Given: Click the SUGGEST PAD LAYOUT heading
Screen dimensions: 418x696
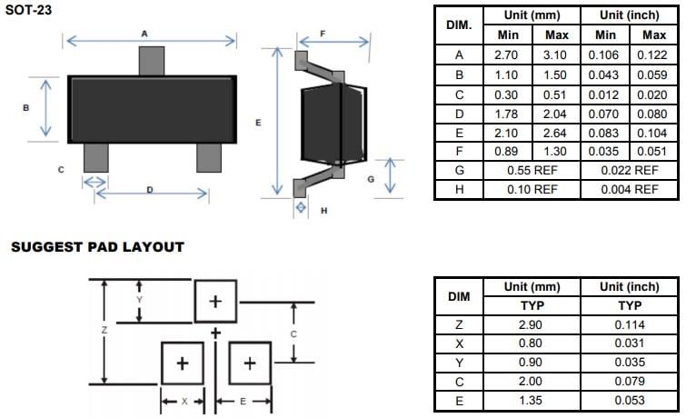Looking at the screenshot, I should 97,247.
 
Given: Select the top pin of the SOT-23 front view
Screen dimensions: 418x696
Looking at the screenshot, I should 151,61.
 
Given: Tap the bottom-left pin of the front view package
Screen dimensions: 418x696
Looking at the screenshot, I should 94,156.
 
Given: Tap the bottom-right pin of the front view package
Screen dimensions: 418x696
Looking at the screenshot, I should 208,156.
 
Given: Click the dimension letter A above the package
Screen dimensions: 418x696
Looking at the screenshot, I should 144,33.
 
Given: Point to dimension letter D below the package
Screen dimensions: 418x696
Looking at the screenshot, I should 149,189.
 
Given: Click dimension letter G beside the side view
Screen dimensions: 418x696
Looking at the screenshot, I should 371,179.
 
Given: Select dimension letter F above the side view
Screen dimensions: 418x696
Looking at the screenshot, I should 324,33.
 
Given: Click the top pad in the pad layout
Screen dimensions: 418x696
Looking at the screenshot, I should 215,301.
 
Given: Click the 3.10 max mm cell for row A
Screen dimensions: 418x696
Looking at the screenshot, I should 555,55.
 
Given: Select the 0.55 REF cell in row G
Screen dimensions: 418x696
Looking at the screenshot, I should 532,170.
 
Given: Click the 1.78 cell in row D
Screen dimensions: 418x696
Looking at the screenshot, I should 506,113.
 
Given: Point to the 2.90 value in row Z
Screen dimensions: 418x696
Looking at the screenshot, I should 531,324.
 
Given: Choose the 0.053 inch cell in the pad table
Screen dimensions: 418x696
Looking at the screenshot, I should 630,401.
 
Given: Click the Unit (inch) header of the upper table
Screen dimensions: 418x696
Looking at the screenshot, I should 630,15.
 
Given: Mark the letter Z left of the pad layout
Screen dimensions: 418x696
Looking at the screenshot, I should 104,330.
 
